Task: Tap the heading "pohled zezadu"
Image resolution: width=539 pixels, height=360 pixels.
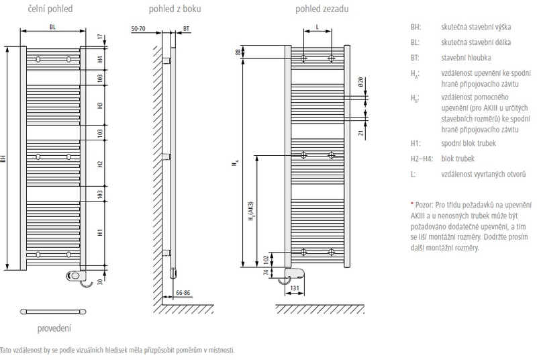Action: (317, 9)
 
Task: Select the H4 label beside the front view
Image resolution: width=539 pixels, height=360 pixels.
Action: (99, 59)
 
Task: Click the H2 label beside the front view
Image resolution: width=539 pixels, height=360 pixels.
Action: (99, 163)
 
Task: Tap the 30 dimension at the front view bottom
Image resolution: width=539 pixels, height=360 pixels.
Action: (99, 281)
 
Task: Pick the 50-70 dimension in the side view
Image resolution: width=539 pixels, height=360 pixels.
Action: (140, 30)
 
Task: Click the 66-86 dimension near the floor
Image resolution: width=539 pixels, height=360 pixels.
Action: (183, 294)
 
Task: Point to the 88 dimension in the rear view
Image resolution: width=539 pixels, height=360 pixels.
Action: (238, 52)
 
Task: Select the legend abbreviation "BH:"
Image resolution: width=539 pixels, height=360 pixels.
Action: (415, 29)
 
